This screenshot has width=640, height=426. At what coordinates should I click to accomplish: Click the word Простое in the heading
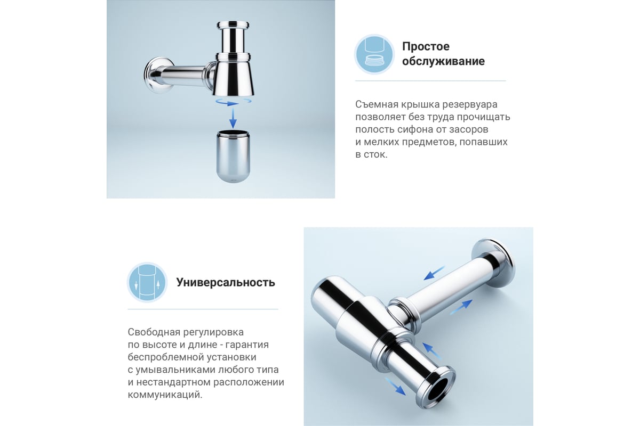click(426, 46)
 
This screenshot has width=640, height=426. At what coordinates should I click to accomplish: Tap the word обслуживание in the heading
click(443, 61)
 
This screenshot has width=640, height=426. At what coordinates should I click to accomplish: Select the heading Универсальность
click(226, 282)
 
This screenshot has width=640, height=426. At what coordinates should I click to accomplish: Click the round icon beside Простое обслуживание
click(374, 54)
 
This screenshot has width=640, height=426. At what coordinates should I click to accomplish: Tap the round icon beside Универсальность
click(147, 282)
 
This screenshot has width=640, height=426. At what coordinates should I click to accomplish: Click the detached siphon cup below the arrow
click(233, 156)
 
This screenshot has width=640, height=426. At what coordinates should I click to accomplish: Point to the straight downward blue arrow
click(233, 118)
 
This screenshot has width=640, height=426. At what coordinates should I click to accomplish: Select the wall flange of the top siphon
click(158, 75)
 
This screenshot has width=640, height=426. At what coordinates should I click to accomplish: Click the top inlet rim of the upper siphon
click(233, 24)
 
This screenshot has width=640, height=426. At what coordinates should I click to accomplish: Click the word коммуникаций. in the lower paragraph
click(165, 395)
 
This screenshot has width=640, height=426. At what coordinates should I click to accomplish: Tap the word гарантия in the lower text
click(247, 345)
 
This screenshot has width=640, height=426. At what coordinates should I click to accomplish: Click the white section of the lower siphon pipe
click(449, 281)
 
